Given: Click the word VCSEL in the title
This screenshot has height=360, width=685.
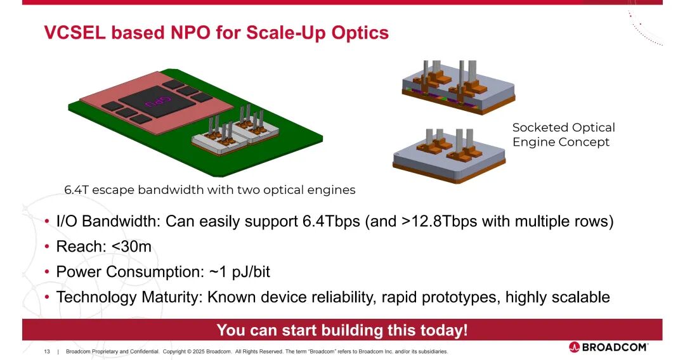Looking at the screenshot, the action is [x=75, y=33].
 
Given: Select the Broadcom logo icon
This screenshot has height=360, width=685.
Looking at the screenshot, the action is [x=574, y=347].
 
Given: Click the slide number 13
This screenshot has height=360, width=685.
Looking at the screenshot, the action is [x=47, y=351].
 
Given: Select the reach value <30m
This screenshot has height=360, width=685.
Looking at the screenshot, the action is [x=131, y=247].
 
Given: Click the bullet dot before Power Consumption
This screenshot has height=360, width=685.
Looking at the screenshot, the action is [x=47, y=272].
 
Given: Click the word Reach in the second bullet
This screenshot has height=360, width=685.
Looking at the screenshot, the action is [x=78, y=247].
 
